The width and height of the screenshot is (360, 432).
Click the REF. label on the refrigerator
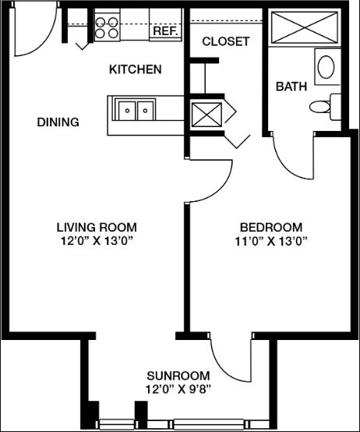coord(165,31)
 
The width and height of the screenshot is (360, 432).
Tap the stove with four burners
coord(107,27)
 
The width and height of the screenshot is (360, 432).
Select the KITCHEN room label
coord(135,69)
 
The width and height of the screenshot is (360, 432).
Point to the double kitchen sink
coord(135,109)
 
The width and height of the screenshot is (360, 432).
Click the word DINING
coord(58,122)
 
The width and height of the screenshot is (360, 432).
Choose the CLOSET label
coord(226,41)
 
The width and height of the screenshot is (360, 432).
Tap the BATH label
coord(291,87)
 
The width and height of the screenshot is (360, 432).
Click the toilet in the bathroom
coord(325,107)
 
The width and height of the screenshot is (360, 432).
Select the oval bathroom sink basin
coord(326,67)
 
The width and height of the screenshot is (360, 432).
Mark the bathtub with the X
coord(305,27)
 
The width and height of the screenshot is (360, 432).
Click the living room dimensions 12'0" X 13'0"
coord(97,242)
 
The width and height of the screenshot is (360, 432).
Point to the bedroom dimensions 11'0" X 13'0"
coord(271,242)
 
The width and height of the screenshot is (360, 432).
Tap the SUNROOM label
coord(178,376)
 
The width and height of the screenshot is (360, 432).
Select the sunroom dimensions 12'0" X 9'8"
coord(178,390)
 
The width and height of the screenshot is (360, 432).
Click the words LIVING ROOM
coord(97,228)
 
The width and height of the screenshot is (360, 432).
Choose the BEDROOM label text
coord(271,228)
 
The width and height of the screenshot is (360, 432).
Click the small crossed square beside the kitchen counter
coord(206,115)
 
